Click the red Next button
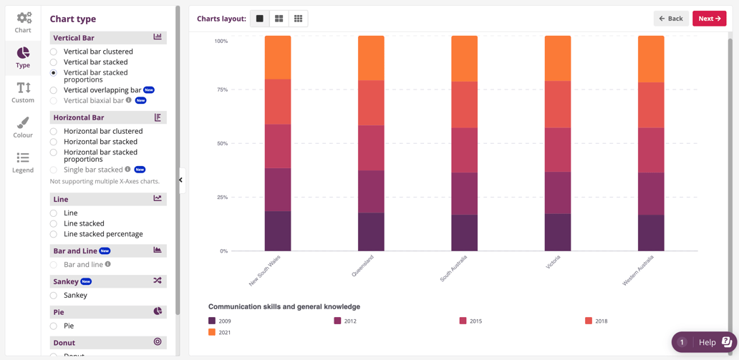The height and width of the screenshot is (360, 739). coord(709,19)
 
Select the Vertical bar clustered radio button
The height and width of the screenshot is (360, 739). coord(54,52)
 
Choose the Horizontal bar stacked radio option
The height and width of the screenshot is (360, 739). coord(54,142)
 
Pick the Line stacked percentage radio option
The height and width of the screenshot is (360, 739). coord(54,234)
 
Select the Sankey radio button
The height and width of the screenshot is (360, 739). coord(54,295)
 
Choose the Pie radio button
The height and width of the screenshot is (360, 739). coord(54,326)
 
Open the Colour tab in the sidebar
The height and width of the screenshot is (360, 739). coord(23,127)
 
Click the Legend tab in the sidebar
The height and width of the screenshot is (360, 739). coord(23,162)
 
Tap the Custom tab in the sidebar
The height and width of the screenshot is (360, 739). coord(23,92)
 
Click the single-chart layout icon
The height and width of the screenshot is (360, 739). coord(260,19)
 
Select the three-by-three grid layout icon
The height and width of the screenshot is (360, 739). coord(298,19)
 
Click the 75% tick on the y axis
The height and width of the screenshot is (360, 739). coord(221,90)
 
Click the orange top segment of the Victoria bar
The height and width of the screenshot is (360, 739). coord(558,58)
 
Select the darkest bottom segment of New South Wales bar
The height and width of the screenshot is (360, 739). coord(278,230)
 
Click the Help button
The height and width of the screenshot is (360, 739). coord(705,342)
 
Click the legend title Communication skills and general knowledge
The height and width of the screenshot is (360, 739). coord(284,306)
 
